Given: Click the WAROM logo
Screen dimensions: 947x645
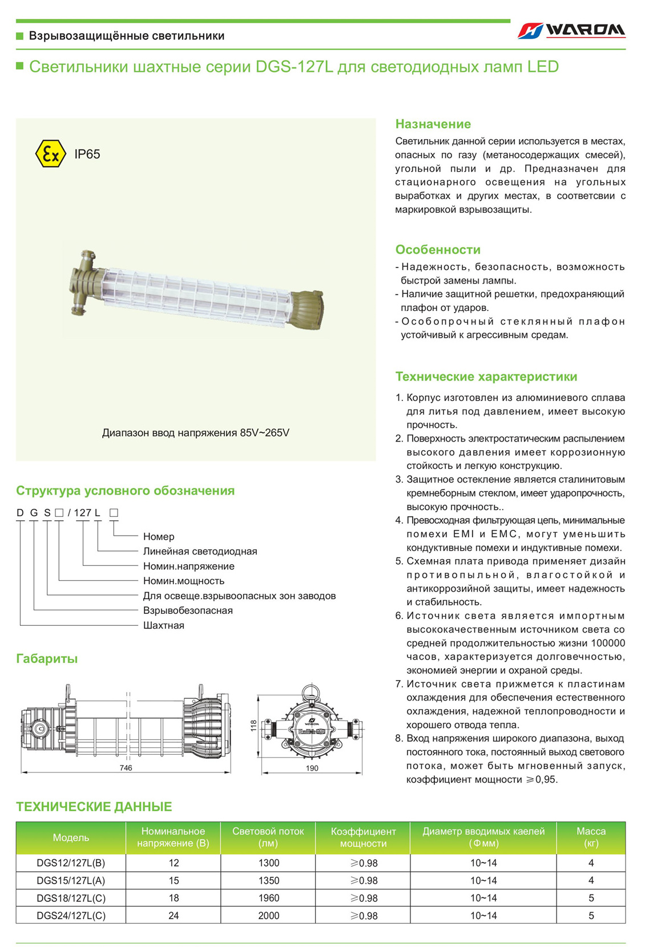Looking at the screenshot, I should (571, 30).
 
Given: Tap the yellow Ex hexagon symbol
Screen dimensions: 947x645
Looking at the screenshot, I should (50, 153).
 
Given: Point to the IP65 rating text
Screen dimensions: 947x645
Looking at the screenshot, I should (87, 154).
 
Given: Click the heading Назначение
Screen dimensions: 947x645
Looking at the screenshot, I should (433, 124).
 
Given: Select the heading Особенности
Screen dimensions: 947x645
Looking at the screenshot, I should (438, 250).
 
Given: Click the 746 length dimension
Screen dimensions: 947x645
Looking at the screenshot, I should (126, 768).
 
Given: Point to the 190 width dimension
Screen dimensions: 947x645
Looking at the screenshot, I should (312, 768).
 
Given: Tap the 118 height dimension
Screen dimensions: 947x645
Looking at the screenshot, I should (253, 726).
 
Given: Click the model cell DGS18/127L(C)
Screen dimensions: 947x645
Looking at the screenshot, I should (71, 898).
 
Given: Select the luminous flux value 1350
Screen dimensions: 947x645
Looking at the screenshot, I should (268, 880).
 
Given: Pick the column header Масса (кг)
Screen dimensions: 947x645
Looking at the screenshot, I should (591, 837).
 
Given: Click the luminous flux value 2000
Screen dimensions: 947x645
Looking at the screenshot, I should (268, 916).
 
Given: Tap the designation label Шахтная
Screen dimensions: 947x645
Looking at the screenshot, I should (163, 626).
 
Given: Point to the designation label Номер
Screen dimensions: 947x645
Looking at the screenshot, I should (159, 537).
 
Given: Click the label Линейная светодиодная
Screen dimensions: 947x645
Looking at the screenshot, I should (200, 552).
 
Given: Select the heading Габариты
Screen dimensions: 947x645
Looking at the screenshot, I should (47, 659).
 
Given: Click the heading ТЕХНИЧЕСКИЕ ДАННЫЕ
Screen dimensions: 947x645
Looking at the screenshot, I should (94, 807).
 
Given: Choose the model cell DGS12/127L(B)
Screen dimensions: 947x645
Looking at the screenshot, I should (71, 863).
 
